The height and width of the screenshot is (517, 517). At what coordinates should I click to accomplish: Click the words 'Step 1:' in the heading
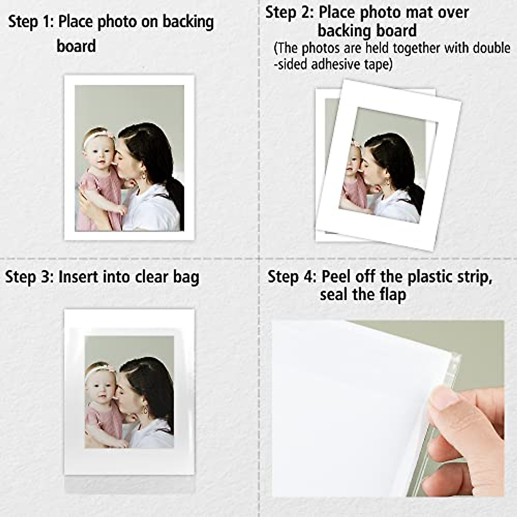click(31, 22)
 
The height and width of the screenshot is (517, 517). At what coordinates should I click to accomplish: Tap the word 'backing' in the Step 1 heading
click(188, 22)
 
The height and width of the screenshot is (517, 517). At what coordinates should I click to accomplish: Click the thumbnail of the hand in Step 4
click(444, 399)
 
